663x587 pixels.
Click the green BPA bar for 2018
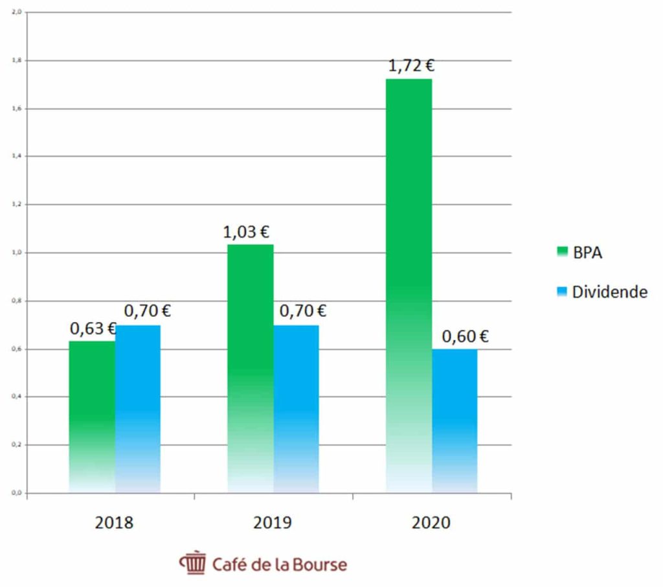click(x=92, y=415)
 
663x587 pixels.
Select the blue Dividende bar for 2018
click(x=138, y=408)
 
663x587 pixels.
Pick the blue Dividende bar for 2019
click(x=297, y=408)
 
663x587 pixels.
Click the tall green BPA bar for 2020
click(x=409, y=285)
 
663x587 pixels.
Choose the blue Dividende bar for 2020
click(x=455, y=421)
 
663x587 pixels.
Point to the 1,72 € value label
click(x=411, y=65)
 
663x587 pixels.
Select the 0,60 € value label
click(x=465, y=336)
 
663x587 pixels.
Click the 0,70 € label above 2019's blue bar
click(x=303, y=311)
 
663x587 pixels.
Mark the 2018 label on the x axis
click(x=114, y=523)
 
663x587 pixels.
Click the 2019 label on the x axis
click(x=273, y=523)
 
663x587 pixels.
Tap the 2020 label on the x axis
click(x=431, y=523)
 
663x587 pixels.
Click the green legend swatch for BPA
click(x=561, y=251)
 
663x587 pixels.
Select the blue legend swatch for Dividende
click(x=561, y=291)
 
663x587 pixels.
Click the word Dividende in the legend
click(x=609, y=292)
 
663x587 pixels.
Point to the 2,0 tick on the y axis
click(x=17, y=12)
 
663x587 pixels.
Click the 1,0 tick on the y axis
click(x=17, y=253)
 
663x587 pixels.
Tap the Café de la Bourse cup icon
click(x=192, y=563)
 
